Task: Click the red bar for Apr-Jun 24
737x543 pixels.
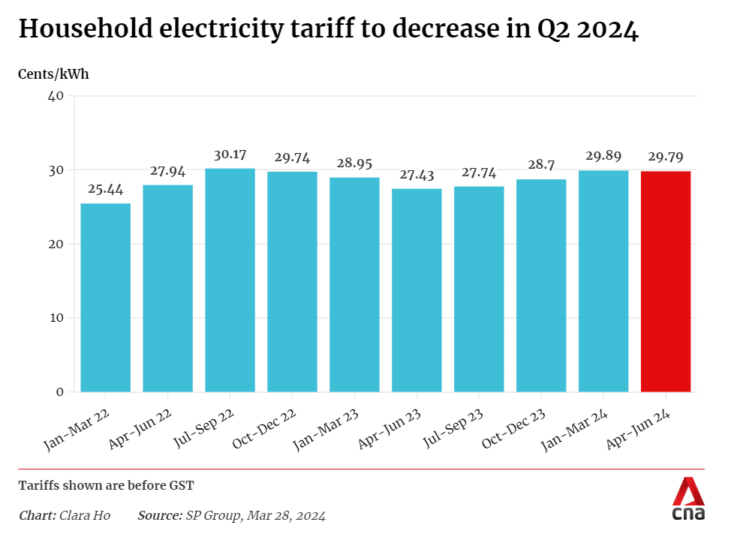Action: [666, 281]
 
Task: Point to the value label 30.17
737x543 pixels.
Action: [230, 154]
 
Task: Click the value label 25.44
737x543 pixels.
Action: [106, 190]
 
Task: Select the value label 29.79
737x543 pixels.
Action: [666, 157]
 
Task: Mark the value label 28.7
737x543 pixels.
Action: [541, 165]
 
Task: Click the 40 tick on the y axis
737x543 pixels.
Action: [56, 96]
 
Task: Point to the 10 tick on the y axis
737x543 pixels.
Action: [56, 318]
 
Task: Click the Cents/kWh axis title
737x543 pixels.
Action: [53, 74]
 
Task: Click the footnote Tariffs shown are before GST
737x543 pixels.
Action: [106, 485]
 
